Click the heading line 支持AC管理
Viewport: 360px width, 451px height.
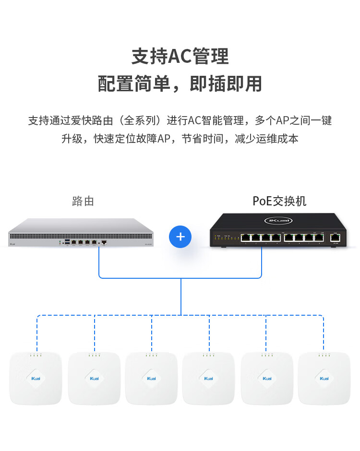pyautogui.click(x=180, y=56)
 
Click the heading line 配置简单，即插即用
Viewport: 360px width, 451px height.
pyautogui.click(x=180, y=83)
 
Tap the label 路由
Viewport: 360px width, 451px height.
pyautogui.click(x=83, y=201)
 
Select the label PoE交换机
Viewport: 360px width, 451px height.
pyautogui.click(x=279, y=201)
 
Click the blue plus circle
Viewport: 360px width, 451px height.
pyautogui.click(x=180, y=237)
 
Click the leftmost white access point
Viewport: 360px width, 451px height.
pyautogui.click(x=36, y=379)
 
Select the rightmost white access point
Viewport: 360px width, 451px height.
pyautogui.click(x=324, y=379)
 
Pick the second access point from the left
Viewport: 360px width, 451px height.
pyautogui.click(x=94, y=379)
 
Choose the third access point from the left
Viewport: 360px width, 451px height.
pyautogui.click(x=151, y=379)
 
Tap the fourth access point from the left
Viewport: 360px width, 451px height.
pyautogui.click(x=209, y=379)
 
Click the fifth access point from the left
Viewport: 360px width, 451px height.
pyautogui.click(x=266, y=379)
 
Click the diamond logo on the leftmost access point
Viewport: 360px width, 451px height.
pyautogui.click(x=36, y=379)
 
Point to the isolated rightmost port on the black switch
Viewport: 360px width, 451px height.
pyautogui.click(x=336, y=237)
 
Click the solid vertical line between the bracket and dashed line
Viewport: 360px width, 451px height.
pyautogui.click(x=181, y=297)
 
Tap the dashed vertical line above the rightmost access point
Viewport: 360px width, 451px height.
pyautogui.click(x=324, y=333)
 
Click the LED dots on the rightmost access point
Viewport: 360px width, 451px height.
pyautogui.click(x=324, y=356)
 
